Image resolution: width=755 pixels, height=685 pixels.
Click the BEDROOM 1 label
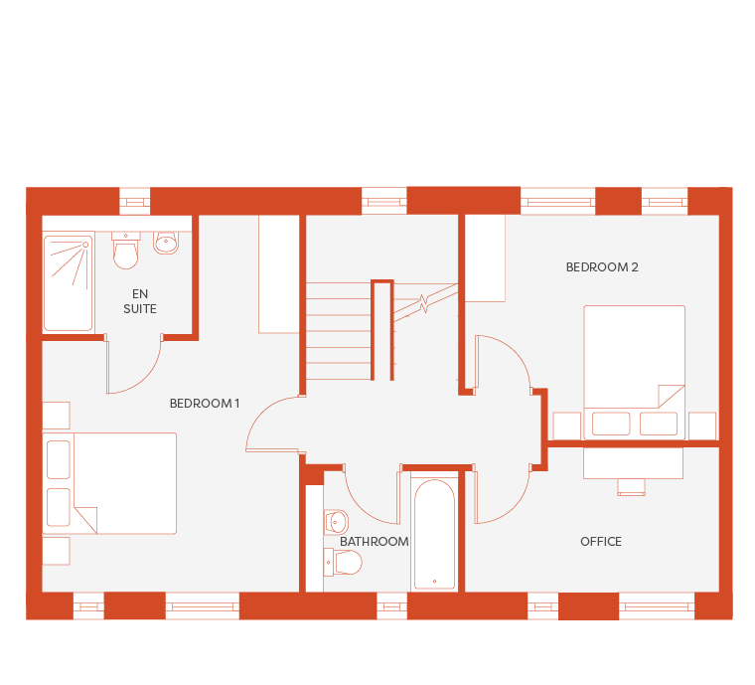(x=205, y=404)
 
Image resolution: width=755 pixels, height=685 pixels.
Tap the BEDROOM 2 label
(x=602, y=266)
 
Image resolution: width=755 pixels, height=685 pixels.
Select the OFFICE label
(x=601, y=542)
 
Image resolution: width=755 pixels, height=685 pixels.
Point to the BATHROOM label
(x=375, y=542)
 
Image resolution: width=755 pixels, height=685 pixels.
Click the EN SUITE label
(x=140, y=301)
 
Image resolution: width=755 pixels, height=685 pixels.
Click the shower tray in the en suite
(x=68, y=282)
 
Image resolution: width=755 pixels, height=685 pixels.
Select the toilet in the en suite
(x=126, y=250)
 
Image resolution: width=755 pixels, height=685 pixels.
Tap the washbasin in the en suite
(x=166, y=243)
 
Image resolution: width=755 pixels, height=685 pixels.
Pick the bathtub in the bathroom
(x=434, y=534)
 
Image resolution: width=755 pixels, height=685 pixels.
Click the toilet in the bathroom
(x=343, y=562)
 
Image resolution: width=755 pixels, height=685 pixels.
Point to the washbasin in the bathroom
(x=336, y=522)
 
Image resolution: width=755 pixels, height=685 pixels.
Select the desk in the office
(x=633, y=463)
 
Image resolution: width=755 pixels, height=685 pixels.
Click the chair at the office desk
(x=631, y=487)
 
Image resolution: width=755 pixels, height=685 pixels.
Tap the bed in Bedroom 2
(x=634, y=373)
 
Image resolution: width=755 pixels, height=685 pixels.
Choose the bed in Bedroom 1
(x=109, y=483)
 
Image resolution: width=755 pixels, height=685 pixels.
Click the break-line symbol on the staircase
(x=424, y=303)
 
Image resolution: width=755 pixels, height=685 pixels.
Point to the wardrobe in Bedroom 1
(x=279, y=274)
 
